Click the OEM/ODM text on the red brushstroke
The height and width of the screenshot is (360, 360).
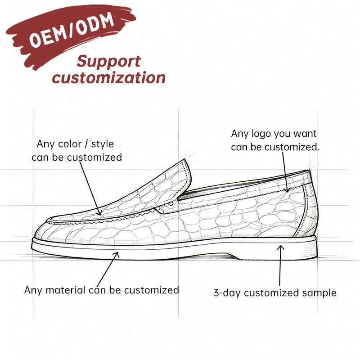pyautogui.click(x=72, y=30)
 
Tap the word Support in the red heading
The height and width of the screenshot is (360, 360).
pyautogui.click(x=108, y=62)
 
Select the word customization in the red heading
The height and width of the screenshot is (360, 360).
pyautogui.click(x=108, y=77)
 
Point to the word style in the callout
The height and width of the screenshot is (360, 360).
pyautogui.click(x=103, y=144)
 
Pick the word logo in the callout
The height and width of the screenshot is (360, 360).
pyautogui.click(x=261, y=134)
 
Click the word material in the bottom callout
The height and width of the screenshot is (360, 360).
pyautogui.click(x=66, y=290)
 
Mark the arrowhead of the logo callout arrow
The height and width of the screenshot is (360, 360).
pyautogui.click(x=287, y=190)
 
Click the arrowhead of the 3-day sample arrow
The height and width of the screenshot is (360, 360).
pyautogui.click(x=280, y=247)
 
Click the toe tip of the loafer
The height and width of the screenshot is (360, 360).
pyautogui.click(x=34, y=237)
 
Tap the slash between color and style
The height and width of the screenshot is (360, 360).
pyautogui.click(x=86, y=144)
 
